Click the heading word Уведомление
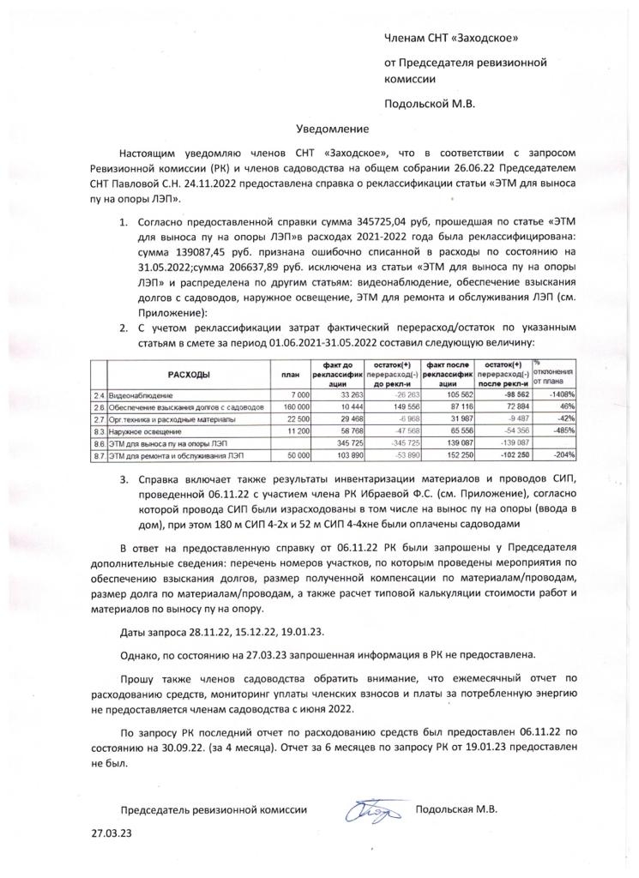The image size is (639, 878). [x=332, y=129]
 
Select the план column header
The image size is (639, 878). [x=290, y=375]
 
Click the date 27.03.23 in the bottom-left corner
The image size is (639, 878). [x=112, y=833]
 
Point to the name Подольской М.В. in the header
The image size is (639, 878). [x=430, y=104]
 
